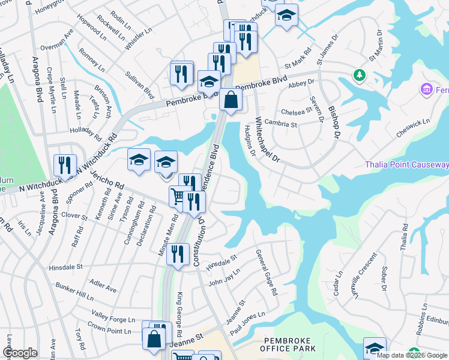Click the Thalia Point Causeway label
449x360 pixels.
(x=406, y=165)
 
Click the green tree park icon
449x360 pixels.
(x=360, y=76)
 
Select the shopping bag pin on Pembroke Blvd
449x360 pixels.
(x=231, y=100)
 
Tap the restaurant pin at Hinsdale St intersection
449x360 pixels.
(x=177, y=254)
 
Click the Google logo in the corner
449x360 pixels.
(x=20, y=353)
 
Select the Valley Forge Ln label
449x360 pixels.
(x=113, y=316)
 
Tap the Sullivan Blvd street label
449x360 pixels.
(x=140, y=85)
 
